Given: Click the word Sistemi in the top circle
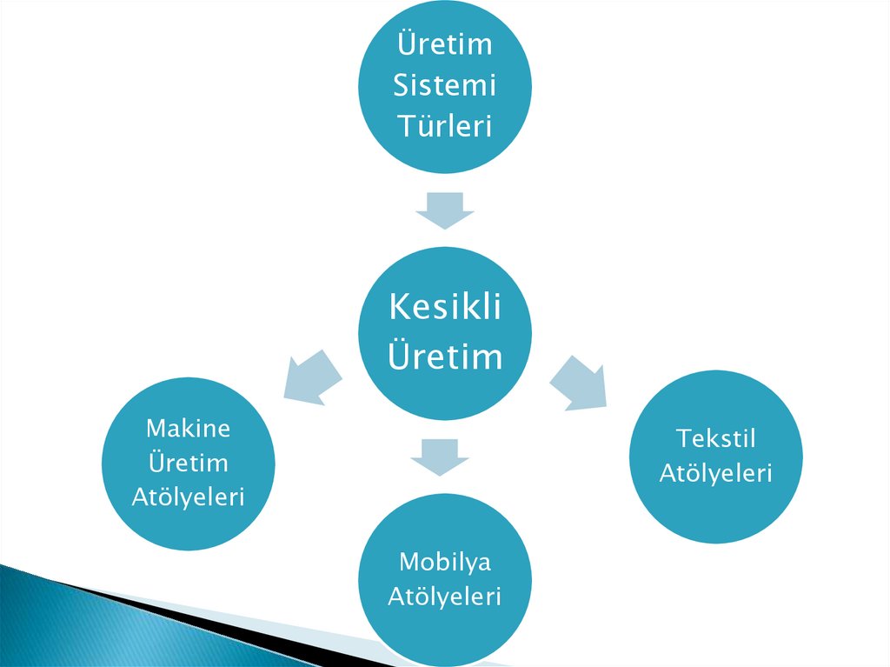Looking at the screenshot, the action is [444, 85].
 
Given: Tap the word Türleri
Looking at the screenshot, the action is [444, 126].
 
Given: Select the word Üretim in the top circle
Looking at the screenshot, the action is [444, 43].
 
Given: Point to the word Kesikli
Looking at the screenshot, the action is [444, 306].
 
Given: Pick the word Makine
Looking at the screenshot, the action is [188, 428].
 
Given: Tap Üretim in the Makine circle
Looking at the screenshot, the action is [188, 462].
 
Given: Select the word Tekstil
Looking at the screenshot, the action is [715, 438].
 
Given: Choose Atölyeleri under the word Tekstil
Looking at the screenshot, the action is [715, 473].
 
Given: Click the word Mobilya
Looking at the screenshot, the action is [444, 562].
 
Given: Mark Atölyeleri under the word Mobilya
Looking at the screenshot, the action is [444, 597].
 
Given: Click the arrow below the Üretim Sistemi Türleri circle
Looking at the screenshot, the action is [444, 210].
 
